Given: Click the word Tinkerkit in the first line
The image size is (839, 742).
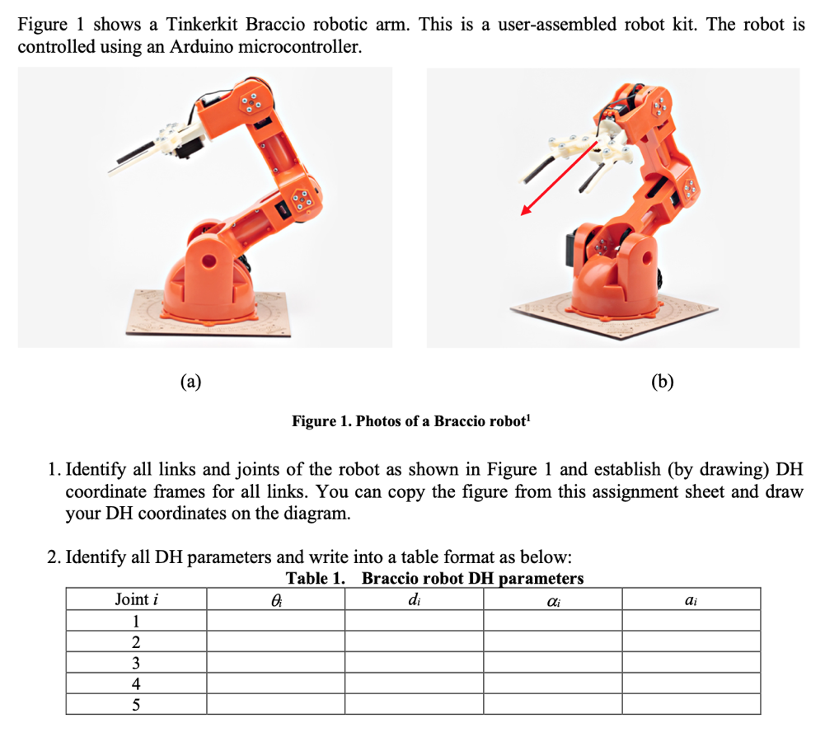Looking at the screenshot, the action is [x=202, y=25].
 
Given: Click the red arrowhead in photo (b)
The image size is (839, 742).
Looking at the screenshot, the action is [x=527, y=210].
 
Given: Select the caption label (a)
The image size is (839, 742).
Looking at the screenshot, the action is [x=190, y=382].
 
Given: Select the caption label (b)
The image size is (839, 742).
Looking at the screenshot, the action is [x=663, y=382].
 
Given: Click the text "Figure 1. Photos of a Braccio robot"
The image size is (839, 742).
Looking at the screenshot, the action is [x=411, y=420].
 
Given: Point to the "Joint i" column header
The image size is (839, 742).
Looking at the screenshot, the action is [x=137, y=599].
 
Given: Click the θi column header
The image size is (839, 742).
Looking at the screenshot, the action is [x=276, y=600].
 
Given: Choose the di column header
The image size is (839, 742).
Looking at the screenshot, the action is [x=415, y=599].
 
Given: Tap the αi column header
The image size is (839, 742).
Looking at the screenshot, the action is [x=553, y=601].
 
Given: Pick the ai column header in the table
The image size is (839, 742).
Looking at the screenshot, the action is [x=691, y=601].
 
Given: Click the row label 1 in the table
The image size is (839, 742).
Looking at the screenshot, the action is [x=136, y=621].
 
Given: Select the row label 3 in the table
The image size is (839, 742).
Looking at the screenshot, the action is [x=136, y=663].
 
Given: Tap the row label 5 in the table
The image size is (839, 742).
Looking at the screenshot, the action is [x=136, y=705].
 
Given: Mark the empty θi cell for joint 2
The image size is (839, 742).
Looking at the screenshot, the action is [x=276, y=641].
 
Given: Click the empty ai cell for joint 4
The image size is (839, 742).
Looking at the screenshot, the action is [x=691, y=683].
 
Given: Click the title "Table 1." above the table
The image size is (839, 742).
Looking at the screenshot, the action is [x=316, y=578].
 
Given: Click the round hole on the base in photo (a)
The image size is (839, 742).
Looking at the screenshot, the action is [x=209, y=262].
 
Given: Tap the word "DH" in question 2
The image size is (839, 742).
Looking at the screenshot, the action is [x=169, y=557].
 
